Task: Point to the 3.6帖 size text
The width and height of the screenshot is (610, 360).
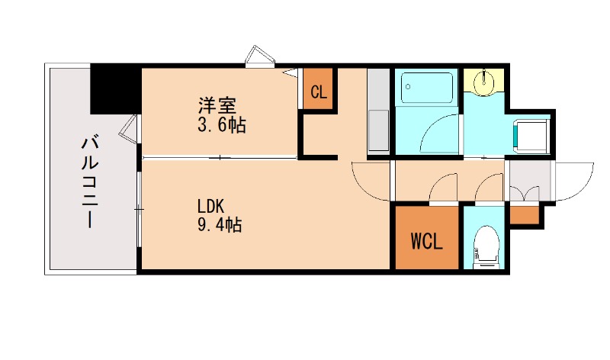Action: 220,125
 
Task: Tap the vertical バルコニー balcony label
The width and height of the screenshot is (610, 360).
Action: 88,182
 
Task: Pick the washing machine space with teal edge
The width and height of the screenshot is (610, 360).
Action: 531,135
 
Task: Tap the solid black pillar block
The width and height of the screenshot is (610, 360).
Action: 114,88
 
